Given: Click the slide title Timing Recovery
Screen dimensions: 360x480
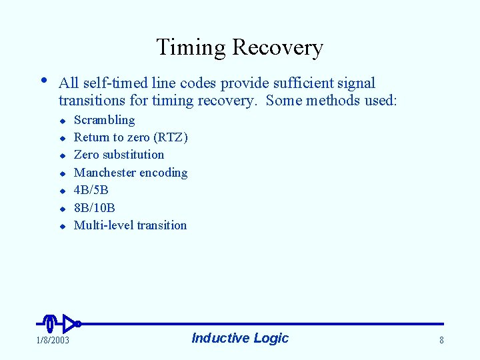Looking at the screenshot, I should (239, 47).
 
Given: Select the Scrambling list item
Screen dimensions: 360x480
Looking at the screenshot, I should (104, 120).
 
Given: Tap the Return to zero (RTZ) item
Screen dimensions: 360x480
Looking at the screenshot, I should (131, 137).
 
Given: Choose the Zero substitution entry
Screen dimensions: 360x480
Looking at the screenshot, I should (119, 155).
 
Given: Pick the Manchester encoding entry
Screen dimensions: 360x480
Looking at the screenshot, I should (131, 173).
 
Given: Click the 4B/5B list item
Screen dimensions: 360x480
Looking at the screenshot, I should (91, 190).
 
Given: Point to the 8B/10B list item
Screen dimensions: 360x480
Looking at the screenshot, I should (94, 208).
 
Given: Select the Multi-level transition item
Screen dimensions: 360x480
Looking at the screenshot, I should (130, 225).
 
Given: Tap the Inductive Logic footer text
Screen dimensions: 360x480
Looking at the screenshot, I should (240, 338).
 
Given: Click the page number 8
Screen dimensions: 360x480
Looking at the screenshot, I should (441, 341).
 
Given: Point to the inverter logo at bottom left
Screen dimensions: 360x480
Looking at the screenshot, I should (60, 323).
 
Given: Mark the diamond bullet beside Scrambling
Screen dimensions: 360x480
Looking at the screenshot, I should (61, 121).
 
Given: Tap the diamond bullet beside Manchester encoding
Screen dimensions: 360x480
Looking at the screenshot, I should (61, 174).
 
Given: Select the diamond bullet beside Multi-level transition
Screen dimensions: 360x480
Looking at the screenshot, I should (61, 227).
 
